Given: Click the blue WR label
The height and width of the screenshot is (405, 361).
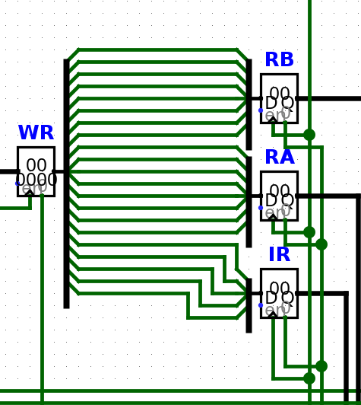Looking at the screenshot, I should coord(36,133).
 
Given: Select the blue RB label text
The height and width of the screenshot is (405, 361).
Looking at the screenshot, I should coord(279,60).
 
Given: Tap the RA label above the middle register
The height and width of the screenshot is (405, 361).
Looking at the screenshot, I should coord(279,158).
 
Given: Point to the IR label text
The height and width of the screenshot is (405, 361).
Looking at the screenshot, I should coord(279,255).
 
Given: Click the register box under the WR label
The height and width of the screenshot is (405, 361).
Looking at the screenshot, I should coord(36,171).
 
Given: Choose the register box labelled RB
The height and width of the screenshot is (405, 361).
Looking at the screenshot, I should coord(279,98).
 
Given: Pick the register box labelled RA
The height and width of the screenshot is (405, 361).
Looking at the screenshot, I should coord(279,196).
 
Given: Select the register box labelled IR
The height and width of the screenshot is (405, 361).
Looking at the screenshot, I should coord(279,293).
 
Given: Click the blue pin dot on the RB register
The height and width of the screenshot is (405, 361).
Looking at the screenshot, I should coord(261,110).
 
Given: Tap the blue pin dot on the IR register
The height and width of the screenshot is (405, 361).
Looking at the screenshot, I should coord(261,305).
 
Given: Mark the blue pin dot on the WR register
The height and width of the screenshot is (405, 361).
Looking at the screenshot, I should coord(17,183).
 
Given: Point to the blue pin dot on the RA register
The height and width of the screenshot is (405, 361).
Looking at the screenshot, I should coord(261,208).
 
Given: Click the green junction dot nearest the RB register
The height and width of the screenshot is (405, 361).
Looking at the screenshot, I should coord(309,135).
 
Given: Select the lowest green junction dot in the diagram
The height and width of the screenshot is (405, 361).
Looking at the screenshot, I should coord(309,378).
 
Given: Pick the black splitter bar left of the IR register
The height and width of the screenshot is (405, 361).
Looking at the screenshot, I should coord(249,305).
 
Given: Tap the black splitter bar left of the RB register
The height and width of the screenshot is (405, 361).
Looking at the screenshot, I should coord(249,104).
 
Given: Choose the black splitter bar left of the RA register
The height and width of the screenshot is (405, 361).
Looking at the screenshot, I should coord(249,202).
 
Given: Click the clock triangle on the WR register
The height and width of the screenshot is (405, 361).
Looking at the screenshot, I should coord(30,193).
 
